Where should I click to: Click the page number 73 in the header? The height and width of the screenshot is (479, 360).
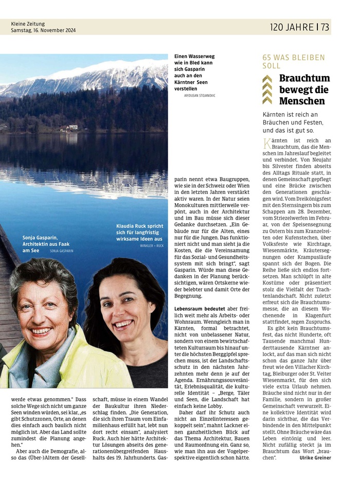point(325,27)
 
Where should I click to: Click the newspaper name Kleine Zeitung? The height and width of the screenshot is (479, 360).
point(28,24)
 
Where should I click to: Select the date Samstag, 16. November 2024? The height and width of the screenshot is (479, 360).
point(43,30)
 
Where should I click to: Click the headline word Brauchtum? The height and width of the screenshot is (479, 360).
point(304,79)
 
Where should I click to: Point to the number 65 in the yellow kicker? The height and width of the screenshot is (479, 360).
point(267,58)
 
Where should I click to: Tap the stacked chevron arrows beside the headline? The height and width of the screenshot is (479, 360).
point(267,90)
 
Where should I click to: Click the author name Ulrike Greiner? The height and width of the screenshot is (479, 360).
point(315,457)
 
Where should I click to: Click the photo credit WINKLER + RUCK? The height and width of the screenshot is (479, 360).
point(152,246)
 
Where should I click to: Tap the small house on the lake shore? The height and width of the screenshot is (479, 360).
point(73,127)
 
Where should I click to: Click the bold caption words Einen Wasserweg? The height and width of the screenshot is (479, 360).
point(194,56)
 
